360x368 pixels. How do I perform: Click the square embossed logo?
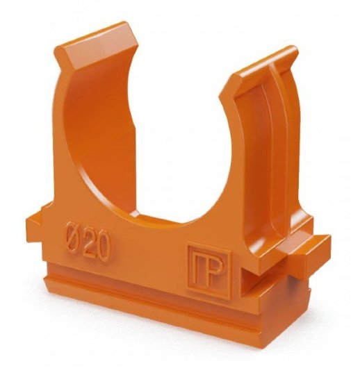click(209, 271)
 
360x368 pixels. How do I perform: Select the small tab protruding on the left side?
click(37, 222)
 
